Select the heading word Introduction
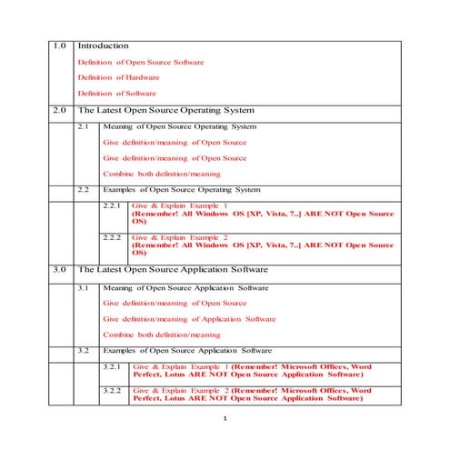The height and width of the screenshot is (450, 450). pyautogui.click(x=103, y=45)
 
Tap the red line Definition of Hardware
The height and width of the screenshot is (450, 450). pyautogui.click(x=117, y=77)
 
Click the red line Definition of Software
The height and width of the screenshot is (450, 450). pyautogui.click(x=116, y=93)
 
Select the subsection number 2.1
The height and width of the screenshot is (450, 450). pyautogui.click(x=85, y=126)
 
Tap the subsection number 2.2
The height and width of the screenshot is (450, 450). pyautogui.click(x=85, y=189)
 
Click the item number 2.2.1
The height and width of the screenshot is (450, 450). pyautogui.click(x=112, y=206)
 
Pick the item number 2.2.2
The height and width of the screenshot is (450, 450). pyautogui.click(x=112, y=236)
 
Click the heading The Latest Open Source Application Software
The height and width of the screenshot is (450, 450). pyautogui.click(x=173, y=270)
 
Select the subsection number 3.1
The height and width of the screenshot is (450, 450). pyautogui.click(x=85, y=287)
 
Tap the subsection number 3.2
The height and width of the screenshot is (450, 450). pyautogui.click(x=85, y=350)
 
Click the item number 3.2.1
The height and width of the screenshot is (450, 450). pyautogui.click(x=112, y=366)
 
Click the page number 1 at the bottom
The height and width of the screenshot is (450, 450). pyautogui.click(x=225, y=419)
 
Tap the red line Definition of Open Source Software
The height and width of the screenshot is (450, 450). pyautogui.click(x=141, y=62)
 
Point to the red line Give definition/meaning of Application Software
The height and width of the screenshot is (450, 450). pyautogui.click(x=189, y=319)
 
